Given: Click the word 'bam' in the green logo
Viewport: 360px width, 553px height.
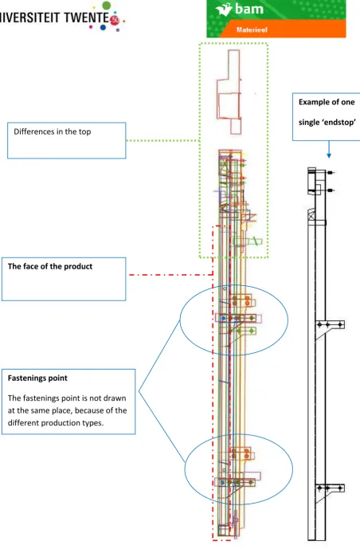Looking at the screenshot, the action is tap(249, 9).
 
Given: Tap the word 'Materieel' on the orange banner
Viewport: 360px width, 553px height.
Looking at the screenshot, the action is tap(252, 30).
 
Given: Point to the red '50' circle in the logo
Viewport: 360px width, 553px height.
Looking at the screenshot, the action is tap(115, 20).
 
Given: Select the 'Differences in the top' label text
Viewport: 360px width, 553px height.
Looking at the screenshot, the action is tap(53, 131).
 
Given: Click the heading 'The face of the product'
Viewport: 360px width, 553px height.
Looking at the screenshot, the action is tap(50, 266).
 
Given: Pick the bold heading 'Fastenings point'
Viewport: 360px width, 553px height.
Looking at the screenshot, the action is tap(37, 378).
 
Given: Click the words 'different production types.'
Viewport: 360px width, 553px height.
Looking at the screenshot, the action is tap(56, 422).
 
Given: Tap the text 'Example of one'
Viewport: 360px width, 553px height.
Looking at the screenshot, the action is tap(327, 102).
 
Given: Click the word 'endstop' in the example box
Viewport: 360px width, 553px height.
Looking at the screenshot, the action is tap(340, 123).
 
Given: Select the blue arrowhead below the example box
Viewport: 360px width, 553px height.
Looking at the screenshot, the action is tap(329, 155).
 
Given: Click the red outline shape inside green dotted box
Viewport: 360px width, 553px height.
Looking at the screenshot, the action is tap(229, 92).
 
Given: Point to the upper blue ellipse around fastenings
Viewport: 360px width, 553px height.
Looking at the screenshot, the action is tap(180, 320).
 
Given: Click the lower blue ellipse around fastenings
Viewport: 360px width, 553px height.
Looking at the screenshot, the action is tap(185, 469).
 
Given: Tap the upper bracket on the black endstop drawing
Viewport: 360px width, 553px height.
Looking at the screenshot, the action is tap(329, 324).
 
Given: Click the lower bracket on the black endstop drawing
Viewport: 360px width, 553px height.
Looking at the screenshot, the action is tap(329, 488).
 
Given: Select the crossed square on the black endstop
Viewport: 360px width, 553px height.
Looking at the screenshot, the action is tap(311, 215).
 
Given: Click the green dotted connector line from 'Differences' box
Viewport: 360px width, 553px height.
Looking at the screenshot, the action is tap(162, 140).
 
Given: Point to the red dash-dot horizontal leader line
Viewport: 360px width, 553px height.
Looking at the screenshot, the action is tap(171, 274).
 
